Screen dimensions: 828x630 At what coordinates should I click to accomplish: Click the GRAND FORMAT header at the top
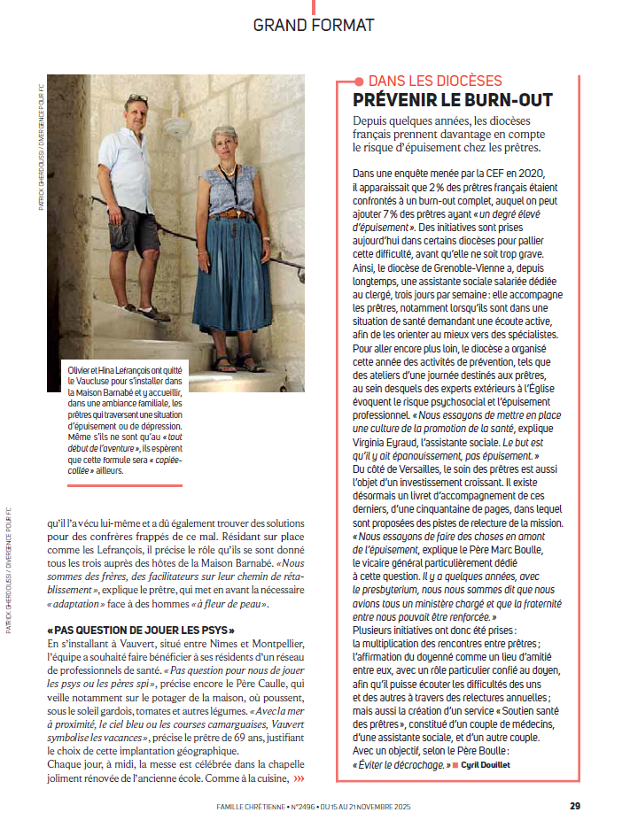[314, 25]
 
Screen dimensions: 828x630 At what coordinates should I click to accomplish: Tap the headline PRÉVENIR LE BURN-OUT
[453, 100]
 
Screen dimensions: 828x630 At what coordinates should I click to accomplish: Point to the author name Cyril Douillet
[490, 763]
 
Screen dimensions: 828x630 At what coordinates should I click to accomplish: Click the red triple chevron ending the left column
[299, 778]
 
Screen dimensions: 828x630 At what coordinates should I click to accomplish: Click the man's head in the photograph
[136, 113]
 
